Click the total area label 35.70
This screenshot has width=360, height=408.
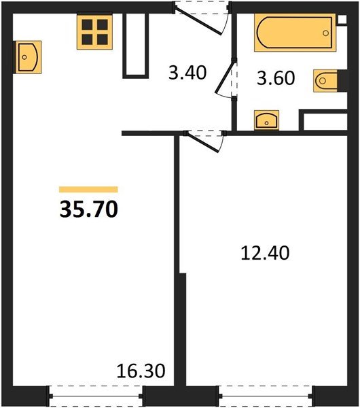coord(88,209)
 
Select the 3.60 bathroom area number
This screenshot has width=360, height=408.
coord(275,78)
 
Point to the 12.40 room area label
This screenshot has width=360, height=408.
coord(266,253)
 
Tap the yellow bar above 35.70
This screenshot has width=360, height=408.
coord(88,190)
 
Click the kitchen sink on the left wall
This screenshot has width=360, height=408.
coord(27,56)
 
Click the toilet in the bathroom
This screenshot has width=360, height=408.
coord(327,81)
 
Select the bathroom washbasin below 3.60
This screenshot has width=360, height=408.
coord(268,121)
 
